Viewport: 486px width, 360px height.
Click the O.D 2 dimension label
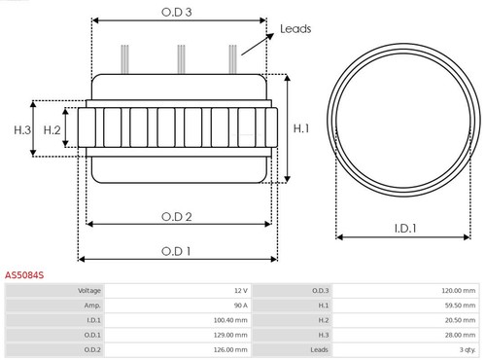[176, 215]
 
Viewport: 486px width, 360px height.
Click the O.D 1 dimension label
[176, 250]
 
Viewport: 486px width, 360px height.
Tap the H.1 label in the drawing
[301, 126]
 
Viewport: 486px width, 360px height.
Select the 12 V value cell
[240, 291]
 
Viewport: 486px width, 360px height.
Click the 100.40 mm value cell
[229, 320]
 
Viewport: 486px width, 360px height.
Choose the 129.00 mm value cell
[229, 335]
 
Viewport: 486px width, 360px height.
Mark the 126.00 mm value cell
[229, 349]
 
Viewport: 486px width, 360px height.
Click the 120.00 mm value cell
[457, 291]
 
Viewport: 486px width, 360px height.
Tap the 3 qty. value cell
[465, 349]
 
